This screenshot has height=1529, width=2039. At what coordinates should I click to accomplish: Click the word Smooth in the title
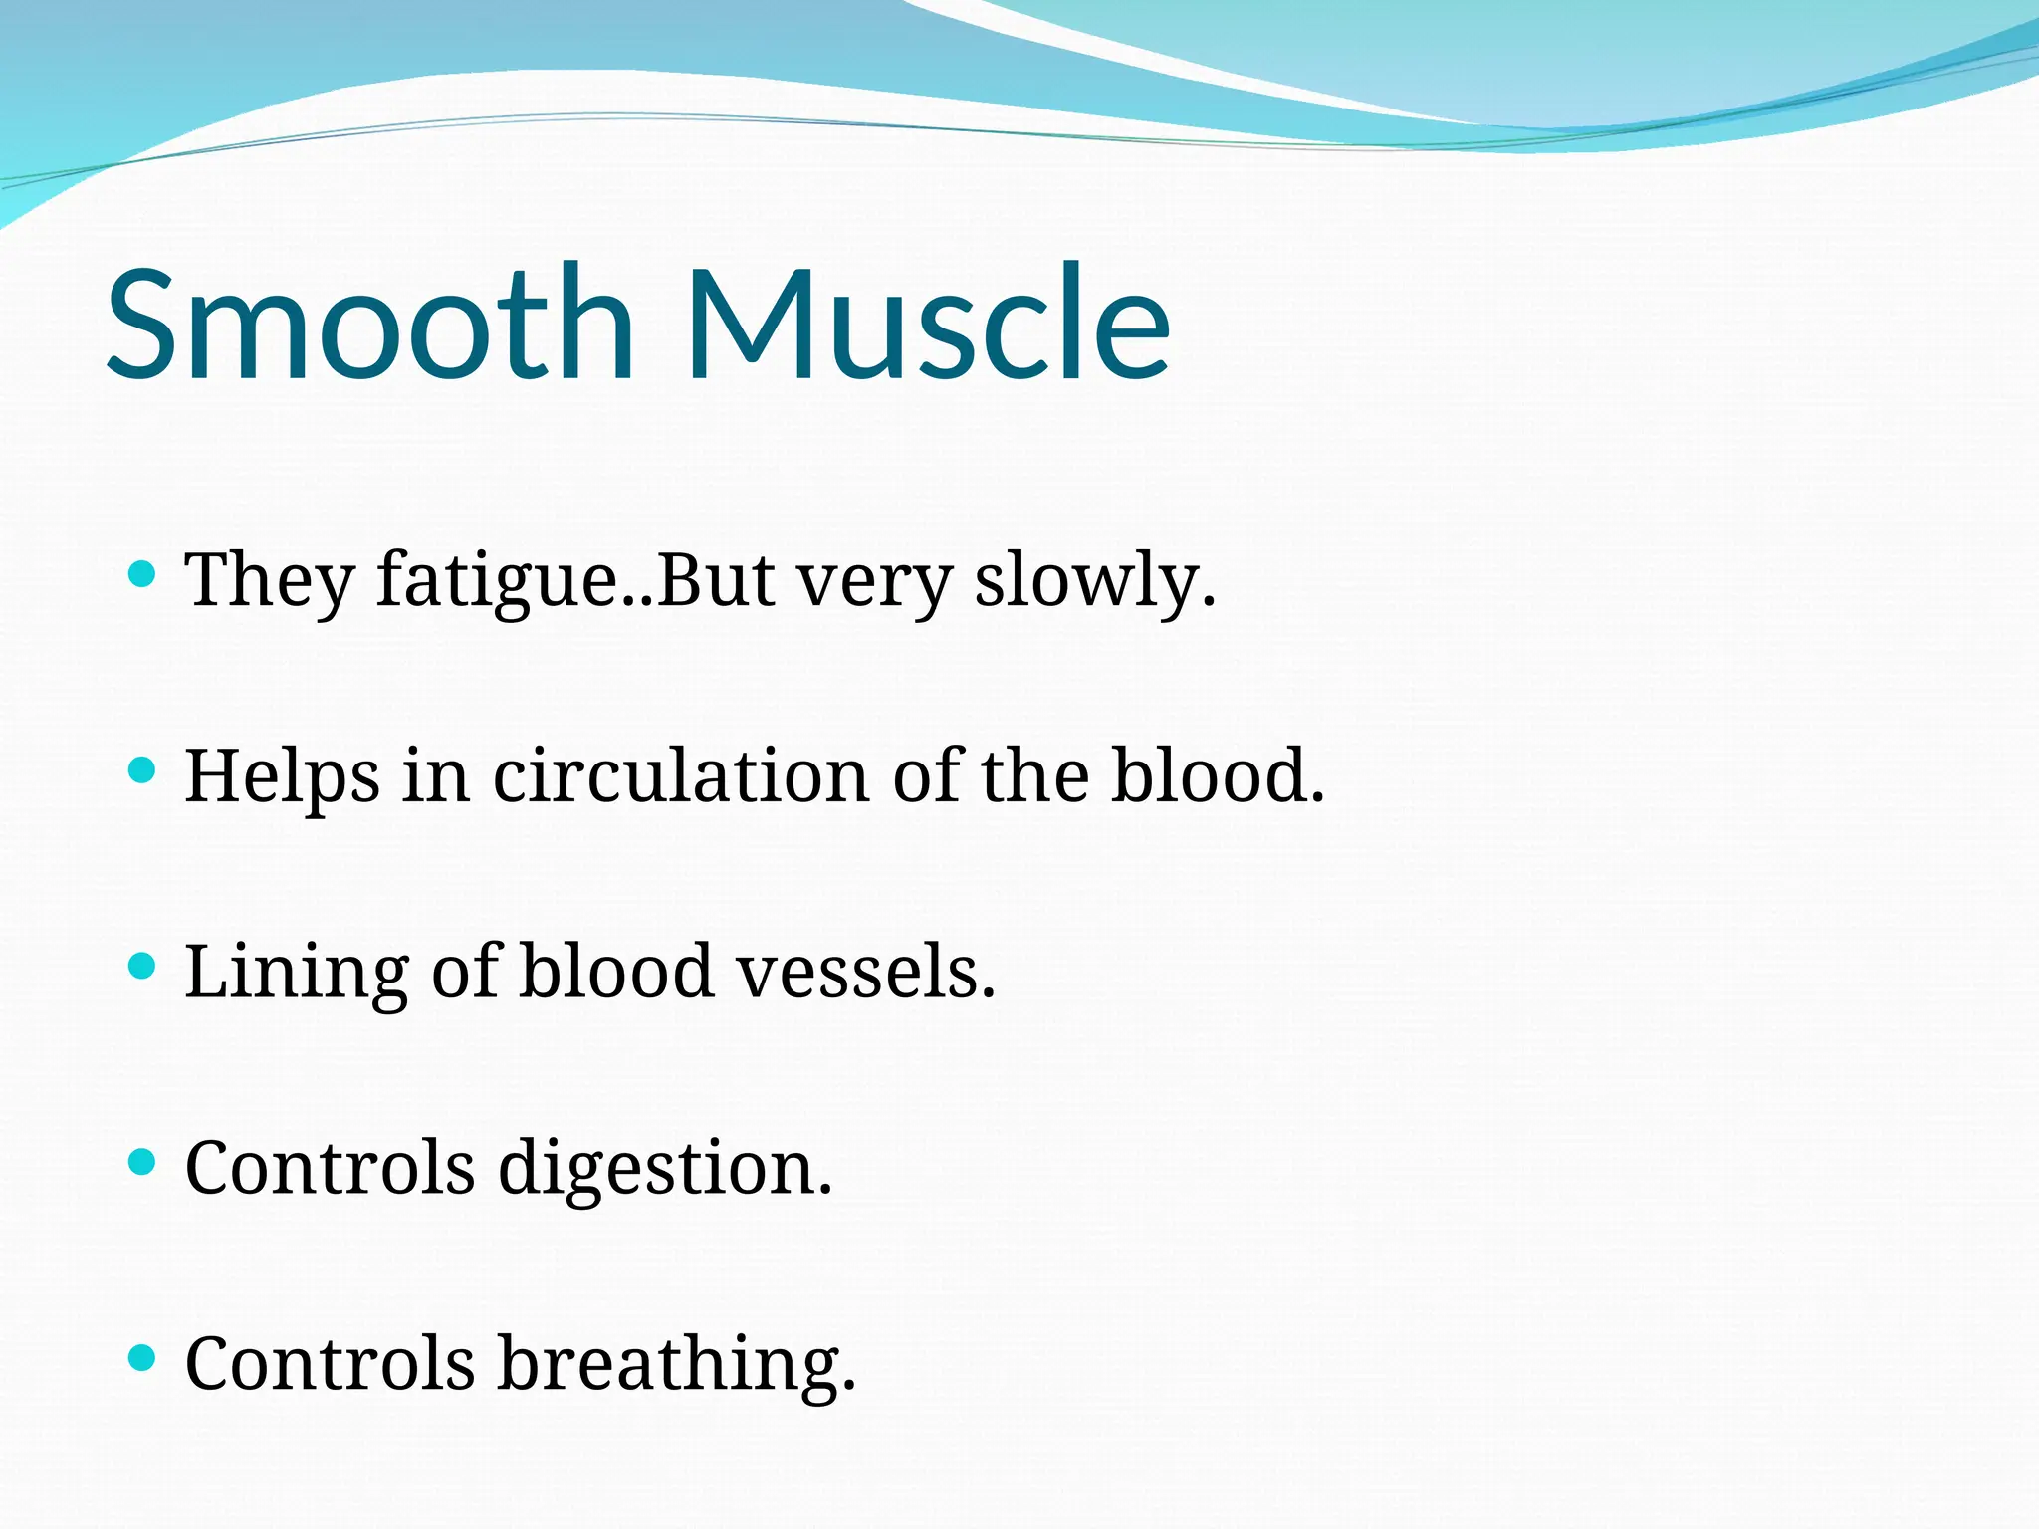[368, 324]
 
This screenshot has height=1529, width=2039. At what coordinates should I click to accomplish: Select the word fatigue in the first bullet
[498, 581]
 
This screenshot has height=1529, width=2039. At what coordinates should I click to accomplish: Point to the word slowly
[1093, 581]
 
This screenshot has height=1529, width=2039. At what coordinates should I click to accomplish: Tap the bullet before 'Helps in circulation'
[143, 769]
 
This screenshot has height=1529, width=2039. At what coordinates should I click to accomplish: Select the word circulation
[681, 776]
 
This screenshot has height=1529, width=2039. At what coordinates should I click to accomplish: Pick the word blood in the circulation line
[1217, 776]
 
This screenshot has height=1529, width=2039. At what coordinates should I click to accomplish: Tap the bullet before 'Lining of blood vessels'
[143, 965]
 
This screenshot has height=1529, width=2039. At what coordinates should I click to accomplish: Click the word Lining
[297, 974]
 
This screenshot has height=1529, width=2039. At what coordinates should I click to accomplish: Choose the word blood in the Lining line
[617, 972]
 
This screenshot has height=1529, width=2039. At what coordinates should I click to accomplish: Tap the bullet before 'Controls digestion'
[143, 1161]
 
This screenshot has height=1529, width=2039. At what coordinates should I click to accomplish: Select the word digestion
[663, 1169]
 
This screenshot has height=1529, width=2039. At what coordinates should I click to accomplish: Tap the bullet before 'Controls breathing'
[143, 1357]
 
